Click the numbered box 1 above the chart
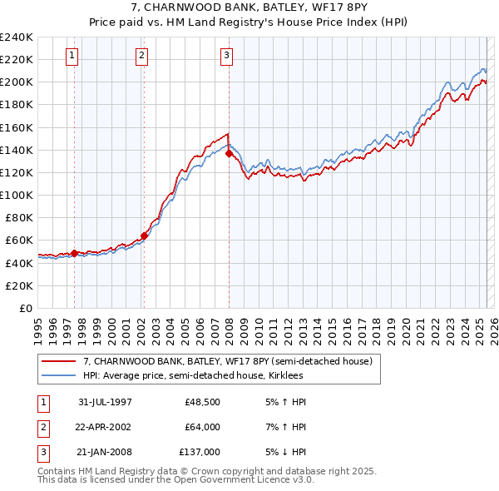pyautogui.click(x=73, y=56)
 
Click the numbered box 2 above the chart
pyautogui.click(x=142, y=56)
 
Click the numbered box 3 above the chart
pyautogui.click(x=226, y=56)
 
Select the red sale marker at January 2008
pyautogui.click(x=229, y=153)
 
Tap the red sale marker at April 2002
pyautogui.click(x=144, y=236)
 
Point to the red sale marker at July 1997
pyautogui.click(x=75, y=253)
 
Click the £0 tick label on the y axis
pyautogui.click(x=26, y=308)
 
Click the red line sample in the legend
pyautogui.click(x=59, y=361)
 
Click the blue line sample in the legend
pyautogui.click(x=59, y=375)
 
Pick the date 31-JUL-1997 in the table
pyautogui.click(x=105, y=402)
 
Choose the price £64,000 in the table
pyautogui.click(x=202, y=427)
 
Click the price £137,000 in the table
pyautogui.click(x=200, y=453)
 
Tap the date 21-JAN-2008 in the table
pyautogui.click(x=105, y=453)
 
